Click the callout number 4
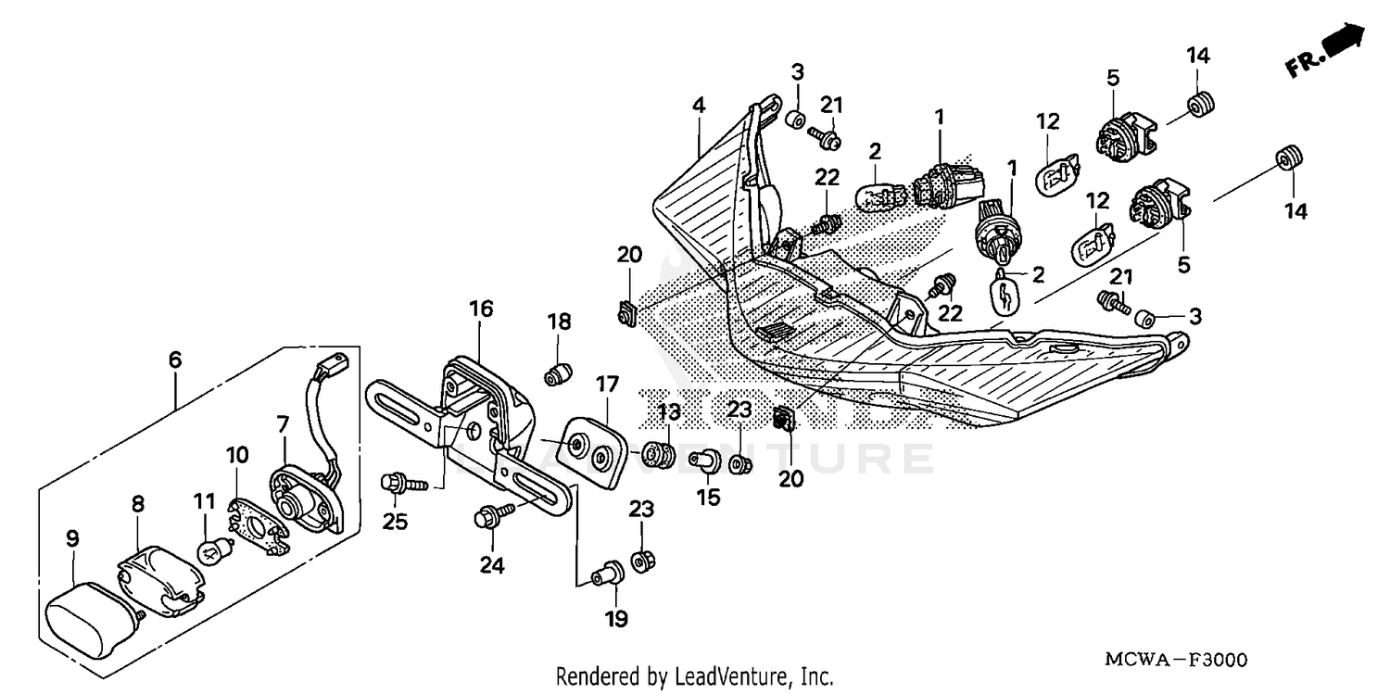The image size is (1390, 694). coord(698,106)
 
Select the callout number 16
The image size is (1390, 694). coord(481,308)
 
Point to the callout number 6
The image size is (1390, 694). coord(175,360)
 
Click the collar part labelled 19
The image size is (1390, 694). coord(611,574)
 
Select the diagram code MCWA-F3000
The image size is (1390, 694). coord(1176,660)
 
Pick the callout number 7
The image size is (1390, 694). coord(283,423)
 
